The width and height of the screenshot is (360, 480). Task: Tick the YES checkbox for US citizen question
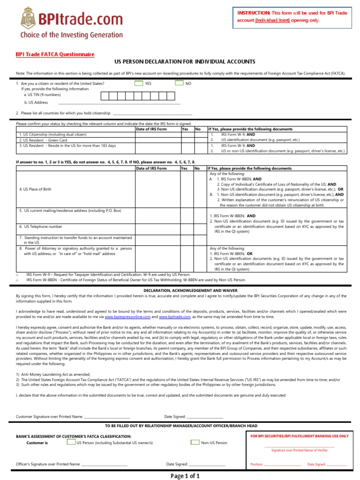pyautogui.click(x=138, y=83)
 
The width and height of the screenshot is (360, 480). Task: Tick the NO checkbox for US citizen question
pyautogui.click(x=179, y=83)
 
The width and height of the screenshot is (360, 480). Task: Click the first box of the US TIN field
pyautogui.click(x=105, y=96)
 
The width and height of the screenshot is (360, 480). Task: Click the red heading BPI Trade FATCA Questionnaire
pyautogui.click(x=55, y=54)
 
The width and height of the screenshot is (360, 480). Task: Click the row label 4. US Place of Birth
pyautogui.click(x=35, y=189)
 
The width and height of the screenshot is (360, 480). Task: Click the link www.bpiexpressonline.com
pyautogui.click(x=126, y=317)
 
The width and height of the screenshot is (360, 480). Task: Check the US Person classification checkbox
pyautogui.click(x=71, y=442)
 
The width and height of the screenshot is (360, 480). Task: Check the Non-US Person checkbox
pyautogui.click(x=195, y=442)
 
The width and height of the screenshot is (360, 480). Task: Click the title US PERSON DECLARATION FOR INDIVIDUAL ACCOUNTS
pyautogui.click(x=185, y=62)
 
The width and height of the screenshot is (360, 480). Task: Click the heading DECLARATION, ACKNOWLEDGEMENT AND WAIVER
pyautogui.click(x=180, y=290)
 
